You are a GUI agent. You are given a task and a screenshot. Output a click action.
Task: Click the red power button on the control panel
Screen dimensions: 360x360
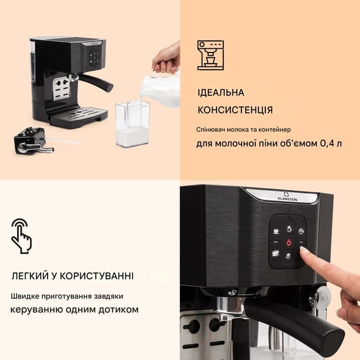click(289, 243)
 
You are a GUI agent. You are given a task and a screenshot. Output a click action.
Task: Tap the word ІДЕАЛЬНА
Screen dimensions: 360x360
click(221, 92)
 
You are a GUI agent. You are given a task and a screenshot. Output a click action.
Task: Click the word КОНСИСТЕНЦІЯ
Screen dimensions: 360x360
click(235, 110)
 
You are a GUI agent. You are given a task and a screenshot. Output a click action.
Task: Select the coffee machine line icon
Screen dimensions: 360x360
click(210, 55)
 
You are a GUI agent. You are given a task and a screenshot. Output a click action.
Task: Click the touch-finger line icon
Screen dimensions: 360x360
click(22, 236)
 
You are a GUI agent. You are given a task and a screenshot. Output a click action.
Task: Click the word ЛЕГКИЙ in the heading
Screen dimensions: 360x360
click(30, 276)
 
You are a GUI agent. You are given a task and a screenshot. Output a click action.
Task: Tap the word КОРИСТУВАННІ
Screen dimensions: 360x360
click(97, 276)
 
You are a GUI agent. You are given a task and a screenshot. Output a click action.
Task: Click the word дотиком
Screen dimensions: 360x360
click(119, 310)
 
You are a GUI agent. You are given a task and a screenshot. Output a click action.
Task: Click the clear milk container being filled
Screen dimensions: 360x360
click(132, 124)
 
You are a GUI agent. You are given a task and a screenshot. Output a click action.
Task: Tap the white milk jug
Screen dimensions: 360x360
click(161, 89)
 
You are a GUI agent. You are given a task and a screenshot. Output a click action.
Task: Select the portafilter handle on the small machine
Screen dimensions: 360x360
click(96, 82)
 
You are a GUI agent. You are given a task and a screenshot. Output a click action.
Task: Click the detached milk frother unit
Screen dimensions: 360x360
click(34, 141)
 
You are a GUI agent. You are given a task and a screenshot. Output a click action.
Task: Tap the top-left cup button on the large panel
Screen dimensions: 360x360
click(276, 231)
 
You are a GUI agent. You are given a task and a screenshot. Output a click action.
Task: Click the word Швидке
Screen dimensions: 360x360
click(25, 296)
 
